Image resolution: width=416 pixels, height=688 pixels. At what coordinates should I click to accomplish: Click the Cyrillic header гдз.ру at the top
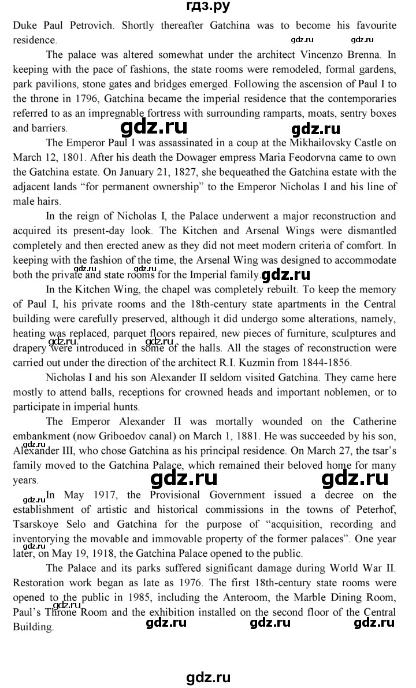[209, 7]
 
